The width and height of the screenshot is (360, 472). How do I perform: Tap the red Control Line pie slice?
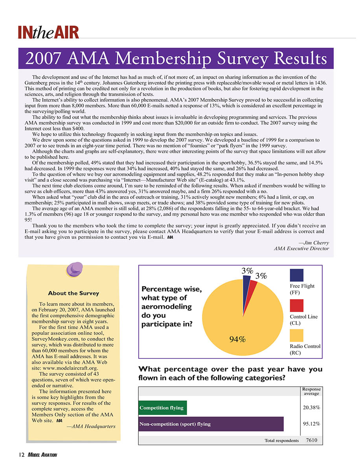253,285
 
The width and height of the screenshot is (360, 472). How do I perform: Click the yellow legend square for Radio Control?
296,336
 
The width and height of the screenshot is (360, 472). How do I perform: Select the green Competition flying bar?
163,408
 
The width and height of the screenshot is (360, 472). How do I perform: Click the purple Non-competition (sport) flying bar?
211,424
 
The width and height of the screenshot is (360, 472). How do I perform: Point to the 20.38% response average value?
310,408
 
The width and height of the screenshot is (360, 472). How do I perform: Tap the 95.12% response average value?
310,424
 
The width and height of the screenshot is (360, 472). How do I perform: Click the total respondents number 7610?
311,440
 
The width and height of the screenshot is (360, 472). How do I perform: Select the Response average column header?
310,391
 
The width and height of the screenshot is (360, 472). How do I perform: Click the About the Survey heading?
73,293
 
